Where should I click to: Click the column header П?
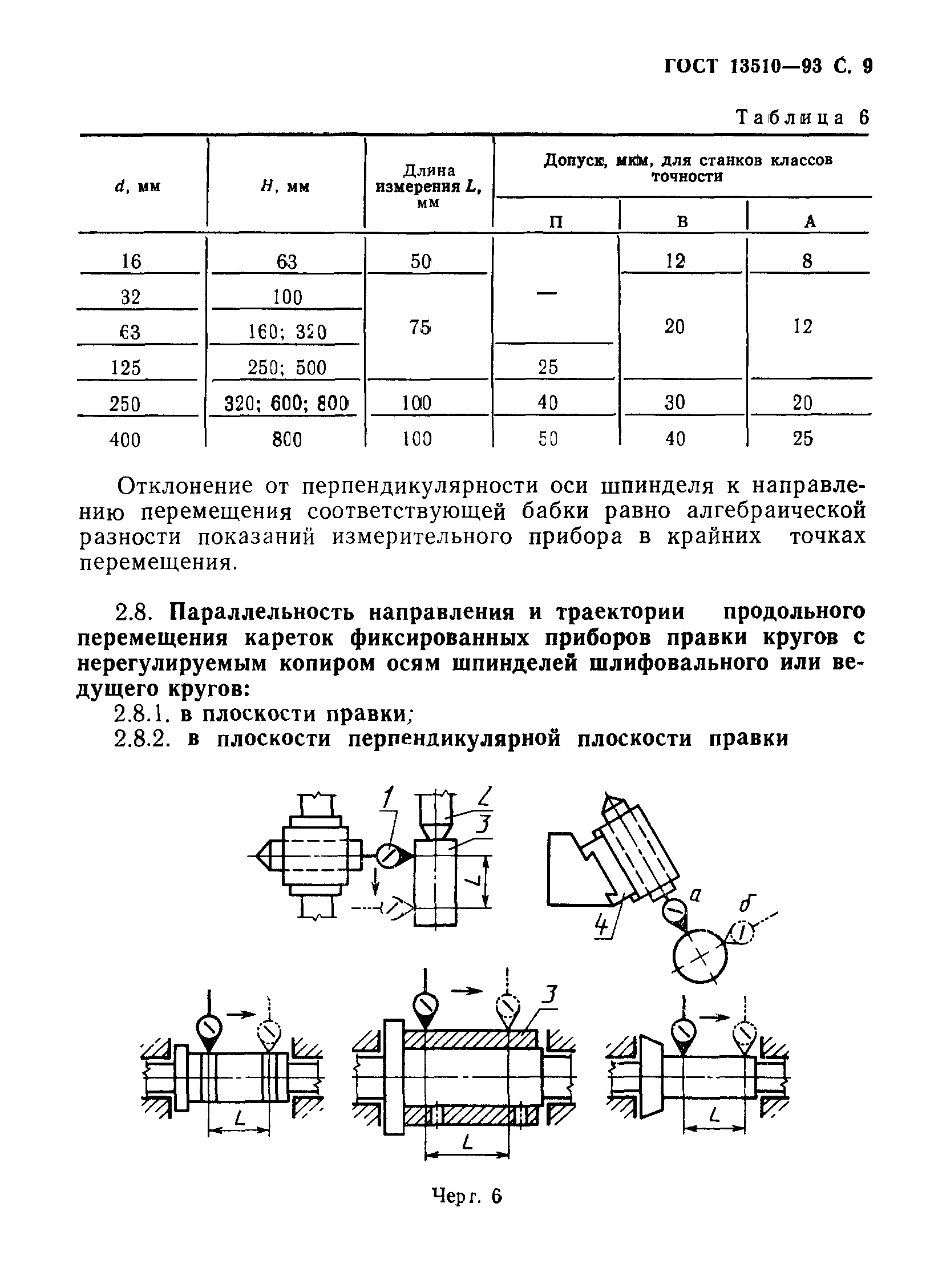point(556,221)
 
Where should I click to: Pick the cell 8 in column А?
point(807,261)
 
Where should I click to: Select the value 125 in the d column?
point(126,368)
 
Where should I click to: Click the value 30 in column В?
point(674,403)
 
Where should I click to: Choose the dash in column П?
point(546,293)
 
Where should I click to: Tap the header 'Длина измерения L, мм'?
point(428,186)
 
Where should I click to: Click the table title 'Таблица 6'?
point(802,118)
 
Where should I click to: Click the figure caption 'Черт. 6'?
point(467,1196)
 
